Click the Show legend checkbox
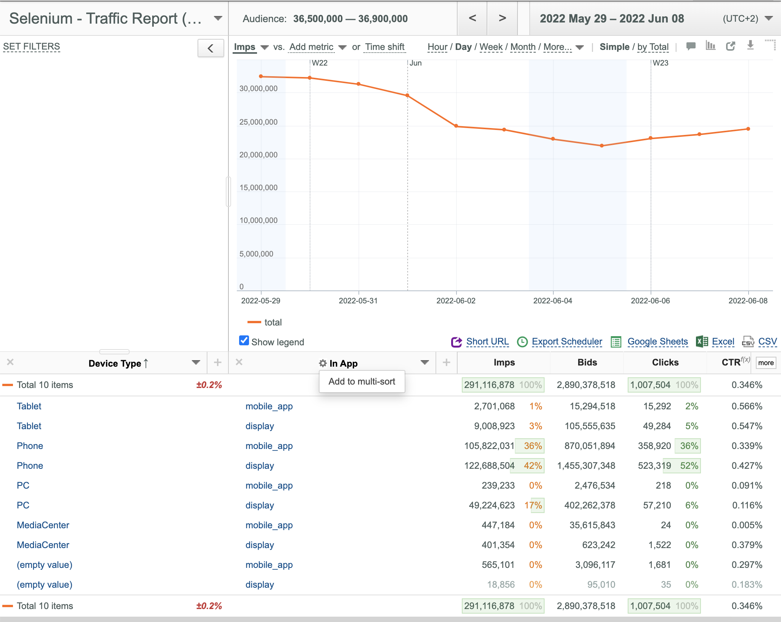coord(244,341)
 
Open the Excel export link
coord(723,341)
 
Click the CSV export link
coord(767,341)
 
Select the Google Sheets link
coord(658,341)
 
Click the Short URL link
coord(487,341)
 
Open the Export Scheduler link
coord(567,341)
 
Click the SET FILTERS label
coord(32,46)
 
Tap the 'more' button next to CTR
coord(766,363)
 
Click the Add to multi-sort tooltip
coord(362,382)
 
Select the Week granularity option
coord(491,47)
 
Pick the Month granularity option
coord(523,47)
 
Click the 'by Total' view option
coord(653,47)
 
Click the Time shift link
coord(384,47)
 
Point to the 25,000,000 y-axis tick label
coord(259,122)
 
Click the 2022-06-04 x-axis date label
coord(553,301)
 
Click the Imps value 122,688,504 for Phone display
coord(489,466)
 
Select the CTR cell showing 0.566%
coord(747,406)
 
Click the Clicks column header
coord(665,362)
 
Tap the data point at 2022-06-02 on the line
coord(456,126)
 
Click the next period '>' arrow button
coord(502,18)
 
